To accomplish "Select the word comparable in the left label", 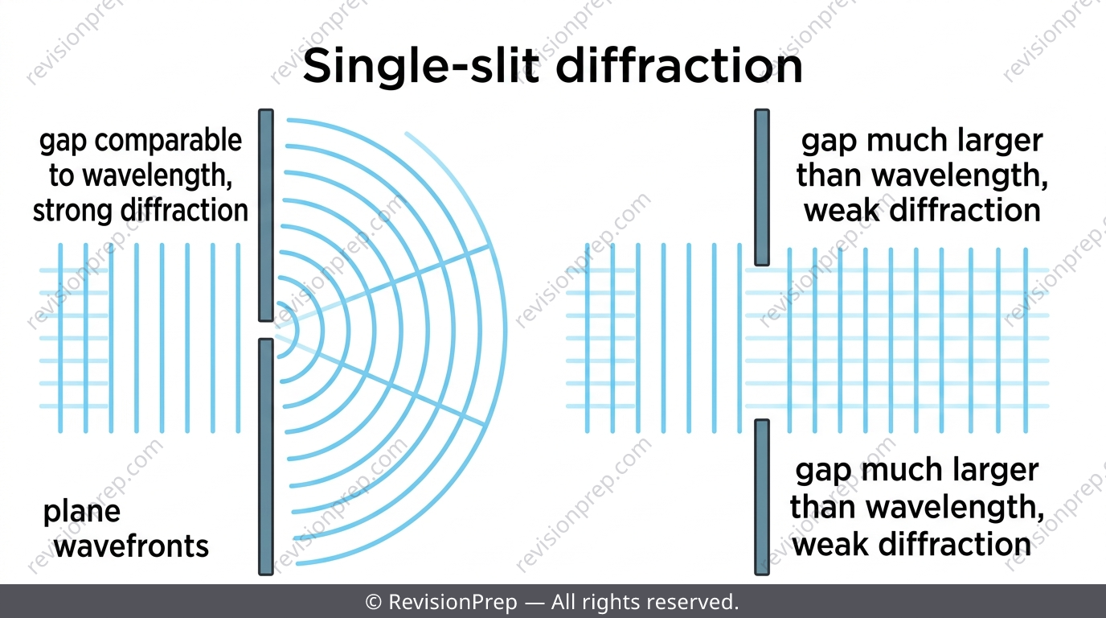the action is point(168,141).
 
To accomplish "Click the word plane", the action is point(82,513).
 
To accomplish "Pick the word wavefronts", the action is point(131,546).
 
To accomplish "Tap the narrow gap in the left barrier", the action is point(266,330).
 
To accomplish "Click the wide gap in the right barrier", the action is point(762,342).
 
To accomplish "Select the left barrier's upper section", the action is point(266,215).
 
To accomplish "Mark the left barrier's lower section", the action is point(266,457).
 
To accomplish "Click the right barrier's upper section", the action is point(762,187).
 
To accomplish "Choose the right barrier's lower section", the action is point(762,497).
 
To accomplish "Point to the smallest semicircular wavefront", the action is point(297,330).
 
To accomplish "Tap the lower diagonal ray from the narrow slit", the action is point(380,380).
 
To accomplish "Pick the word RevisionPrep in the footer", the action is point(453,602).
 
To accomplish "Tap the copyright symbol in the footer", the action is point(374,602).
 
